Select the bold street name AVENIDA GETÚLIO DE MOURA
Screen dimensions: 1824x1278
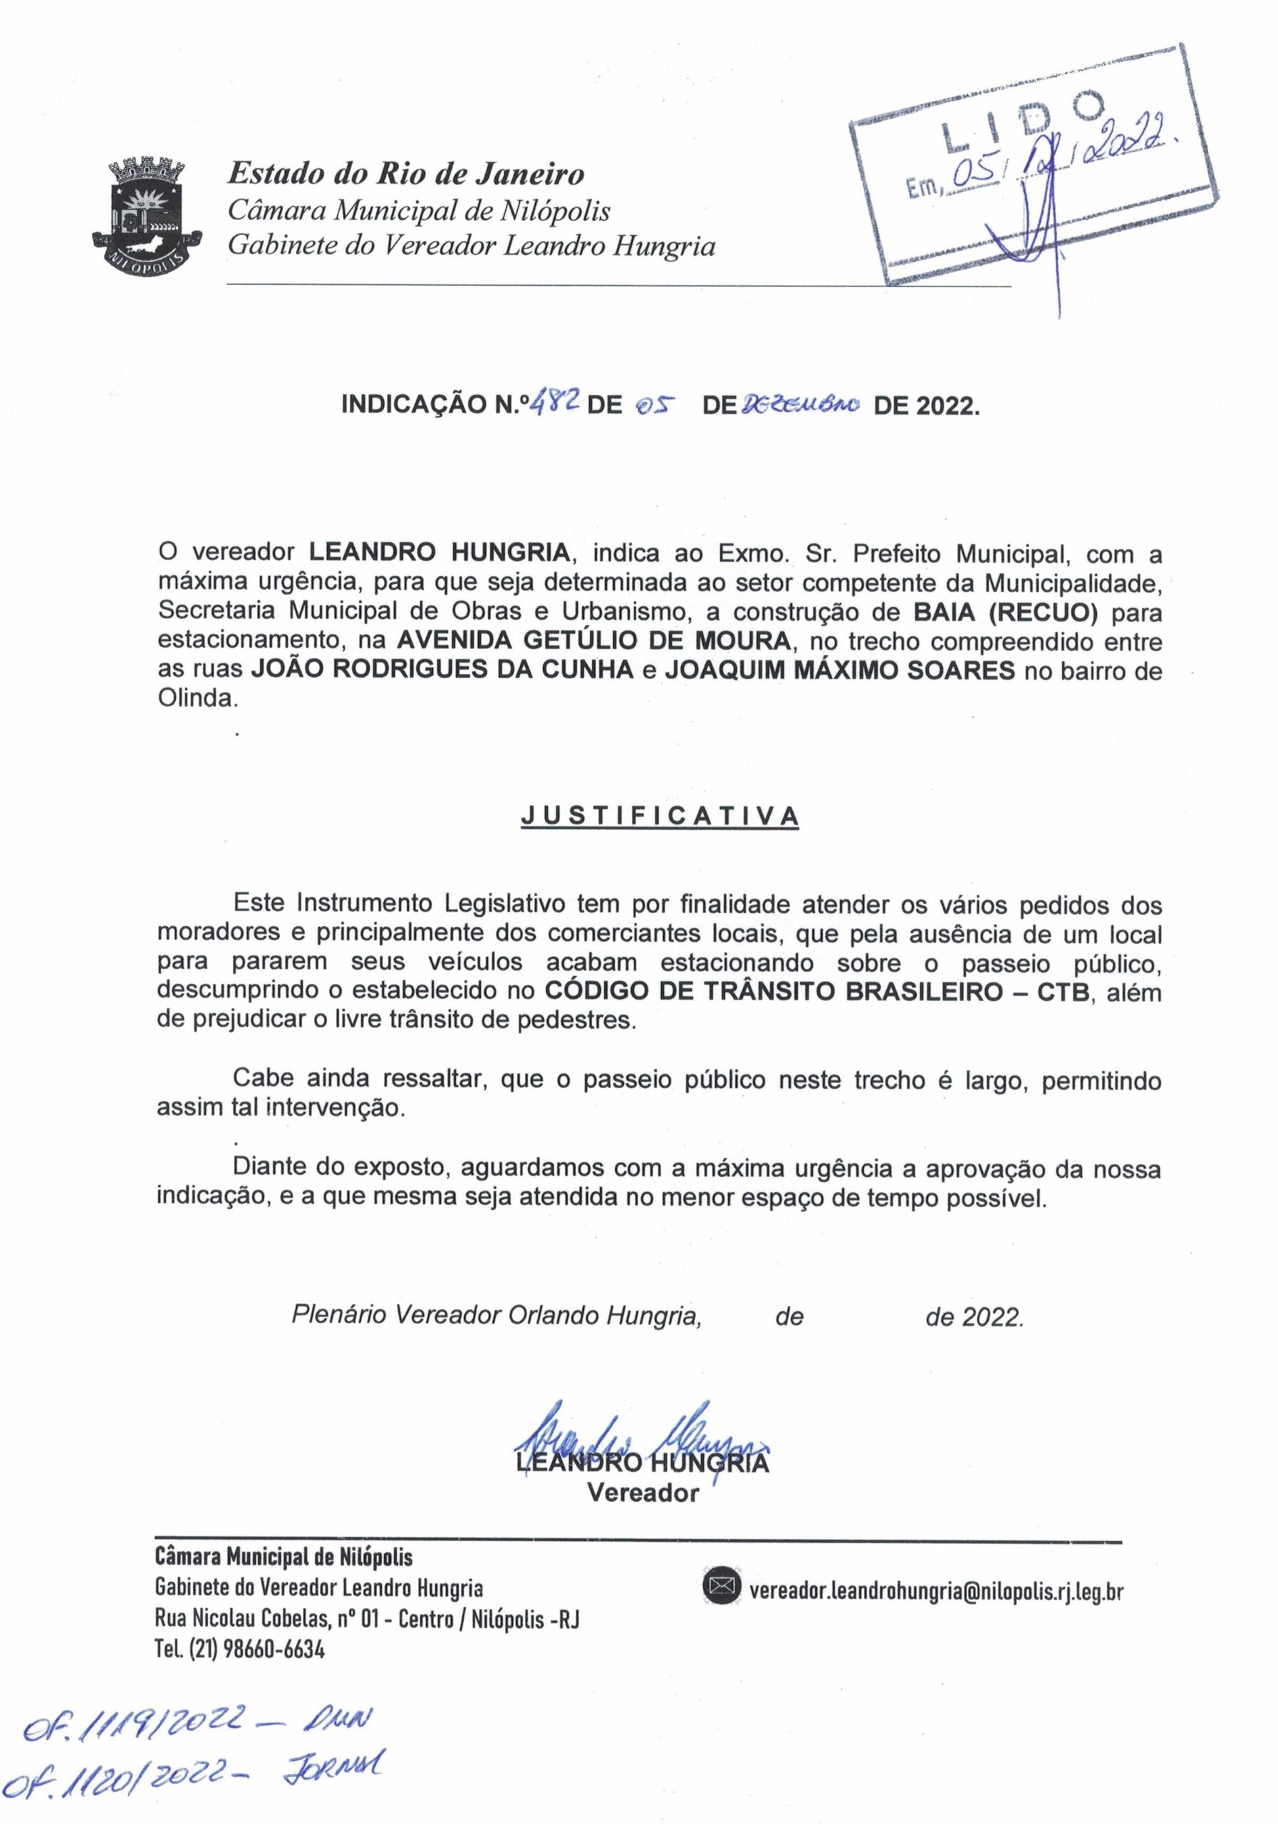coord(593,641)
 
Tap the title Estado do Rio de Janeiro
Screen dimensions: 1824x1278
coord(406,173)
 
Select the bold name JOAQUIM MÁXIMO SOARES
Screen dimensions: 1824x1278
coord(840,670)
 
